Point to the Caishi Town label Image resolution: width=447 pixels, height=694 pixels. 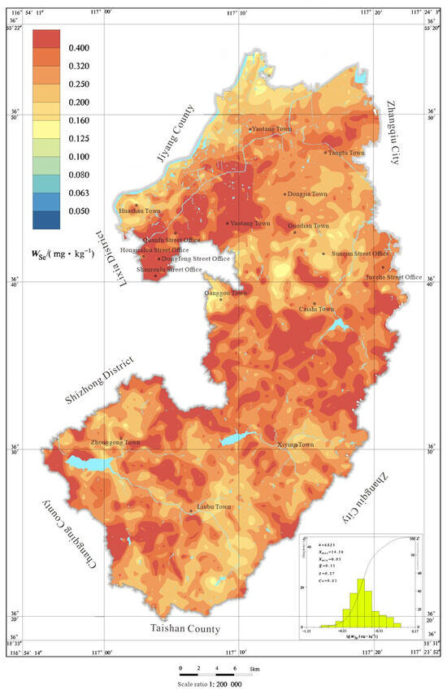[x=317, y=309]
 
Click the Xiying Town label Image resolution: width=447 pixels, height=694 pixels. [x=295, y=445]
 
